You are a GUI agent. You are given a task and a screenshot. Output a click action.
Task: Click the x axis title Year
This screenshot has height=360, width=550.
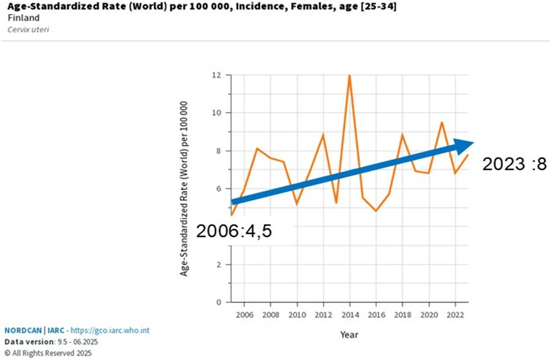point(349,335)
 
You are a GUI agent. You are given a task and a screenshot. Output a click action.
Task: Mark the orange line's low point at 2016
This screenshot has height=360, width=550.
point(376,211)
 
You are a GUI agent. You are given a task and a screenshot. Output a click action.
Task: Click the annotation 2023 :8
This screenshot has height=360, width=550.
point(513,165)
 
